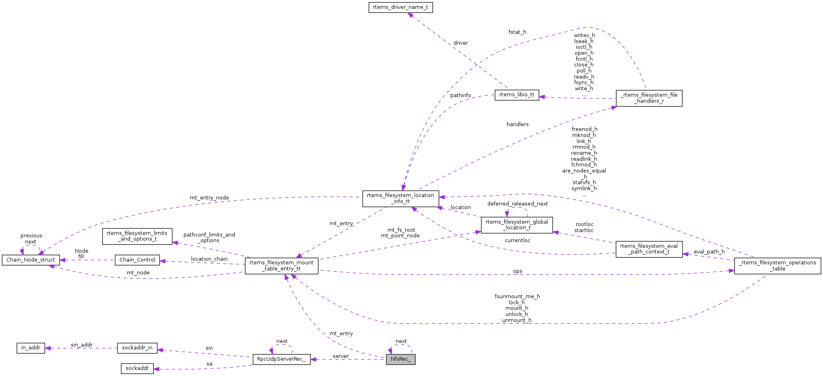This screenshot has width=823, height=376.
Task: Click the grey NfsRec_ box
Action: (x=400, y=359)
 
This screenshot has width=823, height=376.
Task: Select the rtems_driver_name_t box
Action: (x=400, y=7)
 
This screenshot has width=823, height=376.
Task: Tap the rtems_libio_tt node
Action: (x=517, y=95)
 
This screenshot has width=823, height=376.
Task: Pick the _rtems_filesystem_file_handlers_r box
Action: (x=649, y=98)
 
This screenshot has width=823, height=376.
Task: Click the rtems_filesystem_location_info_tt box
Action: (x=400, y=198)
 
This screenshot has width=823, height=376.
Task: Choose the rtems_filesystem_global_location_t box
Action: (x=517, y=225)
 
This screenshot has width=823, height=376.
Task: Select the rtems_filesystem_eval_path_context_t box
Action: (x=649, y=249)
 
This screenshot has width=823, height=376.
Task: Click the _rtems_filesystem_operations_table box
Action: (x=777, y=266)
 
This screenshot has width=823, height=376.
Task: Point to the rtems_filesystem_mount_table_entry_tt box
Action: (x=281, y=266)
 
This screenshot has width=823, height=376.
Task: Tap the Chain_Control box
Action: (x=137, y=260)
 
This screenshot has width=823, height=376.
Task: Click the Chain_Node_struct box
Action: (x=31, y=260)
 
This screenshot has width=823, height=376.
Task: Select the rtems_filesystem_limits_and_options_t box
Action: (x=137, y=236)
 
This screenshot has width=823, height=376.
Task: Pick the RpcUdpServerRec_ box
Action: (x=281, y=359)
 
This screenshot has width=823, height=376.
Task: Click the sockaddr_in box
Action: (x=137, y=348)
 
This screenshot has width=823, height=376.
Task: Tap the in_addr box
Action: (x=31, y=348)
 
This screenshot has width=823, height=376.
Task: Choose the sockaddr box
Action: (x=137, y=368)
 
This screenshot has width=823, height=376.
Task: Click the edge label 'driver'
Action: (x=461, y=43)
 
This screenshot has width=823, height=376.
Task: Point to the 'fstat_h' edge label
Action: (x=517, y=32)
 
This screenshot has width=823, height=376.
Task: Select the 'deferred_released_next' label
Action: (x=518, y=204)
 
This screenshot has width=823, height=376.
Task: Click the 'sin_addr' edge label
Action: (x=82, y=345)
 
